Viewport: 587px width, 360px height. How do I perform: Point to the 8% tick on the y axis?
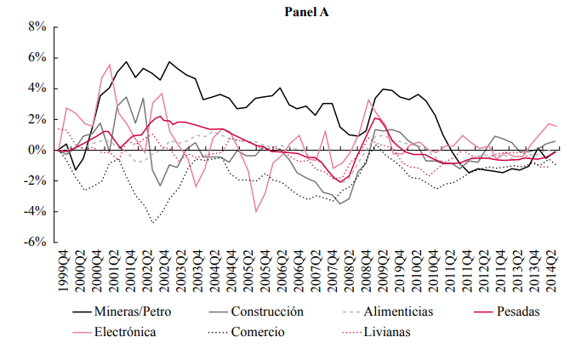point(37,27)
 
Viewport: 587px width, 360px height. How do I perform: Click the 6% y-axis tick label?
point(37,58)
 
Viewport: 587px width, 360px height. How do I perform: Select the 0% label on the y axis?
point(37,150)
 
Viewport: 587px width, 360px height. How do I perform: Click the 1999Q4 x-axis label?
point(64,271)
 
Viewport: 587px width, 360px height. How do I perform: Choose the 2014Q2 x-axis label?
point(550,271)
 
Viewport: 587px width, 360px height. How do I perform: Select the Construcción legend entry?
point(260,311)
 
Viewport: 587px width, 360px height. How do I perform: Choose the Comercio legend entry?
point(258,331)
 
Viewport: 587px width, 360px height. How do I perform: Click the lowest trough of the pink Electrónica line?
point(255,211)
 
